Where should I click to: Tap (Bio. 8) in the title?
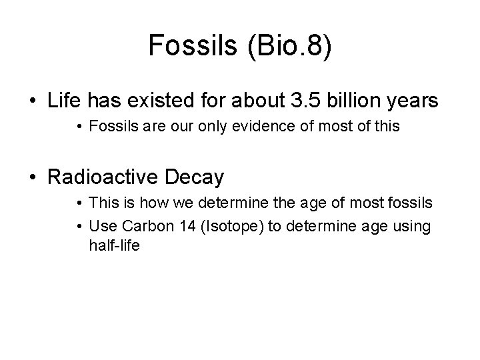(289, 46)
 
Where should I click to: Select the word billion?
(358, 102)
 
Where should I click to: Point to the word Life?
(65, 102)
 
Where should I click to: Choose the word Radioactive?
(115, 178)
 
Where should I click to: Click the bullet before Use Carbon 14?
(79, 227)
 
